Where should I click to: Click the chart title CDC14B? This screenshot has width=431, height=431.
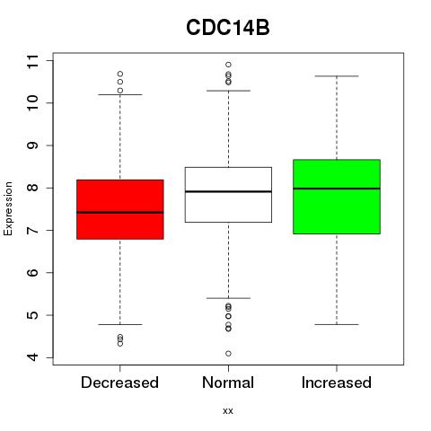tap(228, 28)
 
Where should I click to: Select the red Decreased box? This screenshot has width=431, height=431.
tap(120, 209)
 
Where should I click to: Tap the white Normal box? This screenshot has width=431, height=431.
tap(228, 195)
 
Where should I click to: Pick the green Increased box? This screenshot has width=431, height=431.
tap(337, 197)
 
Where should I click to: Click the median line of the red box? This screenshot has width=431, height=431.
tap(120, 213)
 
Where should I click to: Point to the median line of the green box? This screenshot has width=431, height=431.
tap(337, 189)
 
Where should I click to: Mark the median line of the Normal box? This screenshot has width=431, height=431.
tap(228, 191)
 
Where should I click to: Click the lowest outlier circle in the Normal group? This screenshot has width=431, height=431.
tap(228, 354)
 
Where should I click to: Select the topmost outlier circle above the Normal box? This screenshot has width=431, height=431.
tap(228, 65)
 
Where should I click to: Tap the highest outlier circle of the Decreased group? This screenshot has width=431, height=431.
tap(120, 74)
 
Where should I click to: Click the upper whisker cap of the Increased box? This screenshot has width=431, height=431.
tap(337, 76)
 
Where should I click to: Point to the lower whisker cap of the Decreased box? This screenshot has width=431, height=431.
tap(120, 324)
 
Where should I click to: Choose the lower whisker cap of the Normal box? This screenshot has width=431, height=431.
tap(228, 298)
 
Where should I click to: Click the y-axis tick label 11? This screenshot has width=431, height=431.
tap(33, 61)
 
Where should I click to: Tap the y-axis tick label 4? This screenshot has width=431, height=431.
tap(33, 357)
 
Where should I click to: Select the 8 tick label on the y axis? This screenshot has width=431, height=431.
tap(33, 188)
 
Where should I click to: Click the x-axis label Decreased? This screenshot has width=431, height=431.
tap(119, 383)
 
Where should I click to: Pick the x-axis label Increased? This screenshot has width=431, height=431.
tap(337, 383)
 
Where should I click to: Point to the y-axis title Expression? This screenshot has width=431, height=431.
tap(8, 208)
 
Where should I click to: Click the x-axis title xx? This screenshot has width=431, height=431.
tap(228, 411)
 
